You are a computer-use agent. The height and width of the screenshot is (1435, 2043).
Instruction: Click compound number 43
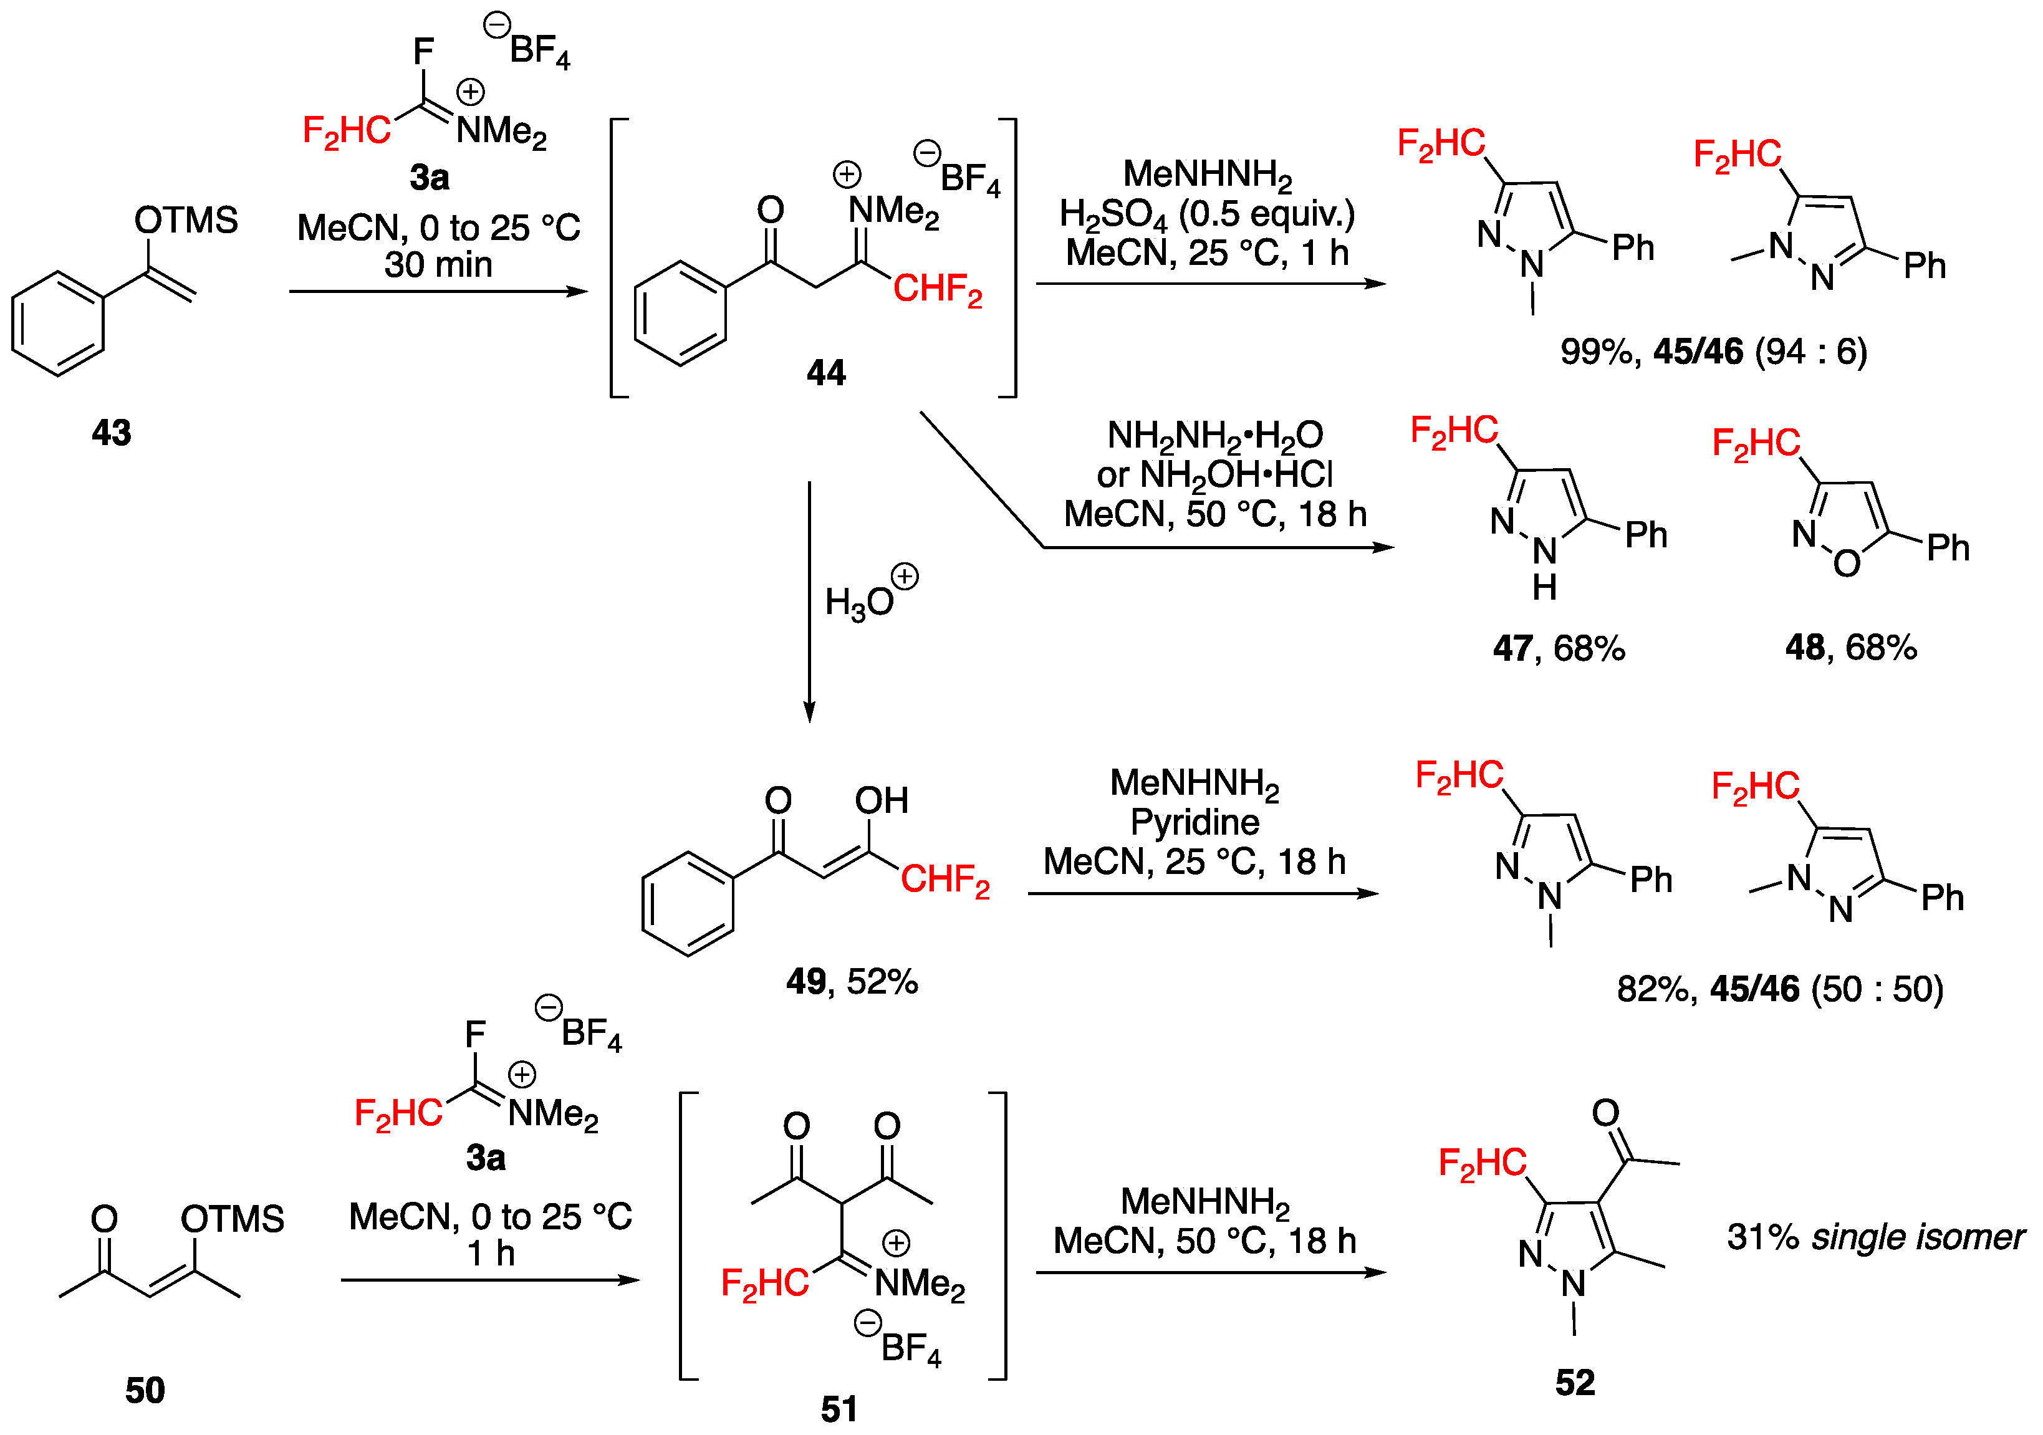pyautogui.click(x=111, y=433)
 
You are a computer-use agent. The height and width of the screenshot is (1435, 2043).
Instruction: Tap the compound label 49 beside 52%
pyautogui.click(x=806, y=982)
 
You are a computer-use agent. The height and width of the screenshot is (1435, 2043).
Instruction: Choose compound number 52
pyautogui.click(x=1574, y=1383)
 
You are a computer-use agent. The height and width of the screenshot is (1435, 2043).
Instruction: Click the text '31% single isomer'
pyautogui.click(x=1875, y=1237)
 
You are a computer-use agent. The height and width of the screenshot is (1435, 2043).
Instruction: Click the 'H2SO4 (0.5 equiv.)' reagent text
pyautogui.click(x=1206, y=214)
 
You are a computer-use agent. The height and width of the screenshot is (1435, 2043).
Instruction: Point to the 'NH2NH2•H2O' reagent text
pyautogui.click(x=1214, y=436)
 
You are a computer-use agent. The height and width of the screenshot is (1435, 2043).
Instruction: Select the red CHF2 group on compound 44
pyautogui.click(x=937, y=289)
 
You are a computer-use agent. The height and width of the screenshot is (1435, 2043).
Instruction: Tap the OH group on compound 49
pyautogui.click(x=881, y=800)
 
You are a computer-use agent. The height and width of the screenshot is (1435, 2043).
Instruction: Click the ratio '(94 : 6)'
pyautogui.click(x=1810, y=352)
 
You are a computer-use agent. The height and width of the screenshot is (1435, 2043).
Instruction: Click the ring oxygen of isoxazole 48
pyautogui.click(x=1847, y=563)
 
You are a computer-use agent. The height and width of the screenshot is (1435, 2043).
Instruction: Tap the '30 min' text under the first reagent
pyautogui.click(x=438, y=265)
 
